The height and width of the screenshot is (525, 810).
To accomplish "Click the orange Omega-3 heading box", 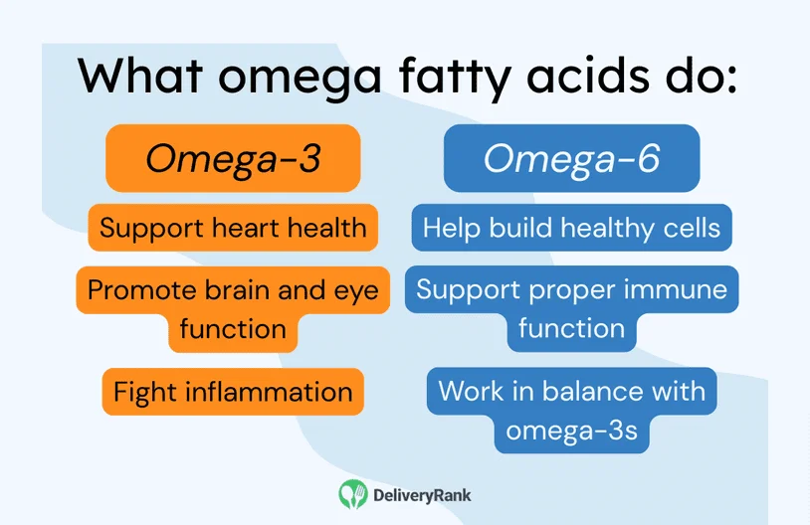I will point(233,158).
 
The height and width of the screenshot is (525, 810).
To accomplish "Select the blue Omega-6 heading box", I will point(571,158).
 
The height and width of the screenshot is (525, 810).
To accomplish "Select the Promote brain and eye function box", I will point(233,308).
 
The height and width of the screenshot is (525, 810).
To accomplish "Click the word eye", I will point(355,289).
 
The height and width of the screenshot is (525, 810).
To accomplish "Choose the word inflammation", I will point(263,391).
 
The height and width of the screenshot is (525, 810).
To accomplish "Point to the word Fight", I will point(139,391).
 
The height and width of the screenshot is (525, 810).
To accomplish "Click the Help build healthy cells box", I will point(571,228).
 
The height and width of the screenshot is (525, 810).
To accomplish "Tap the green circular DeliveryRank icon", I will point(353,494).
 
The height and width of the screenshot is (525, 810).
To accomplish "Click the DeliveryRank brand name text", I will point(422,494).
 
